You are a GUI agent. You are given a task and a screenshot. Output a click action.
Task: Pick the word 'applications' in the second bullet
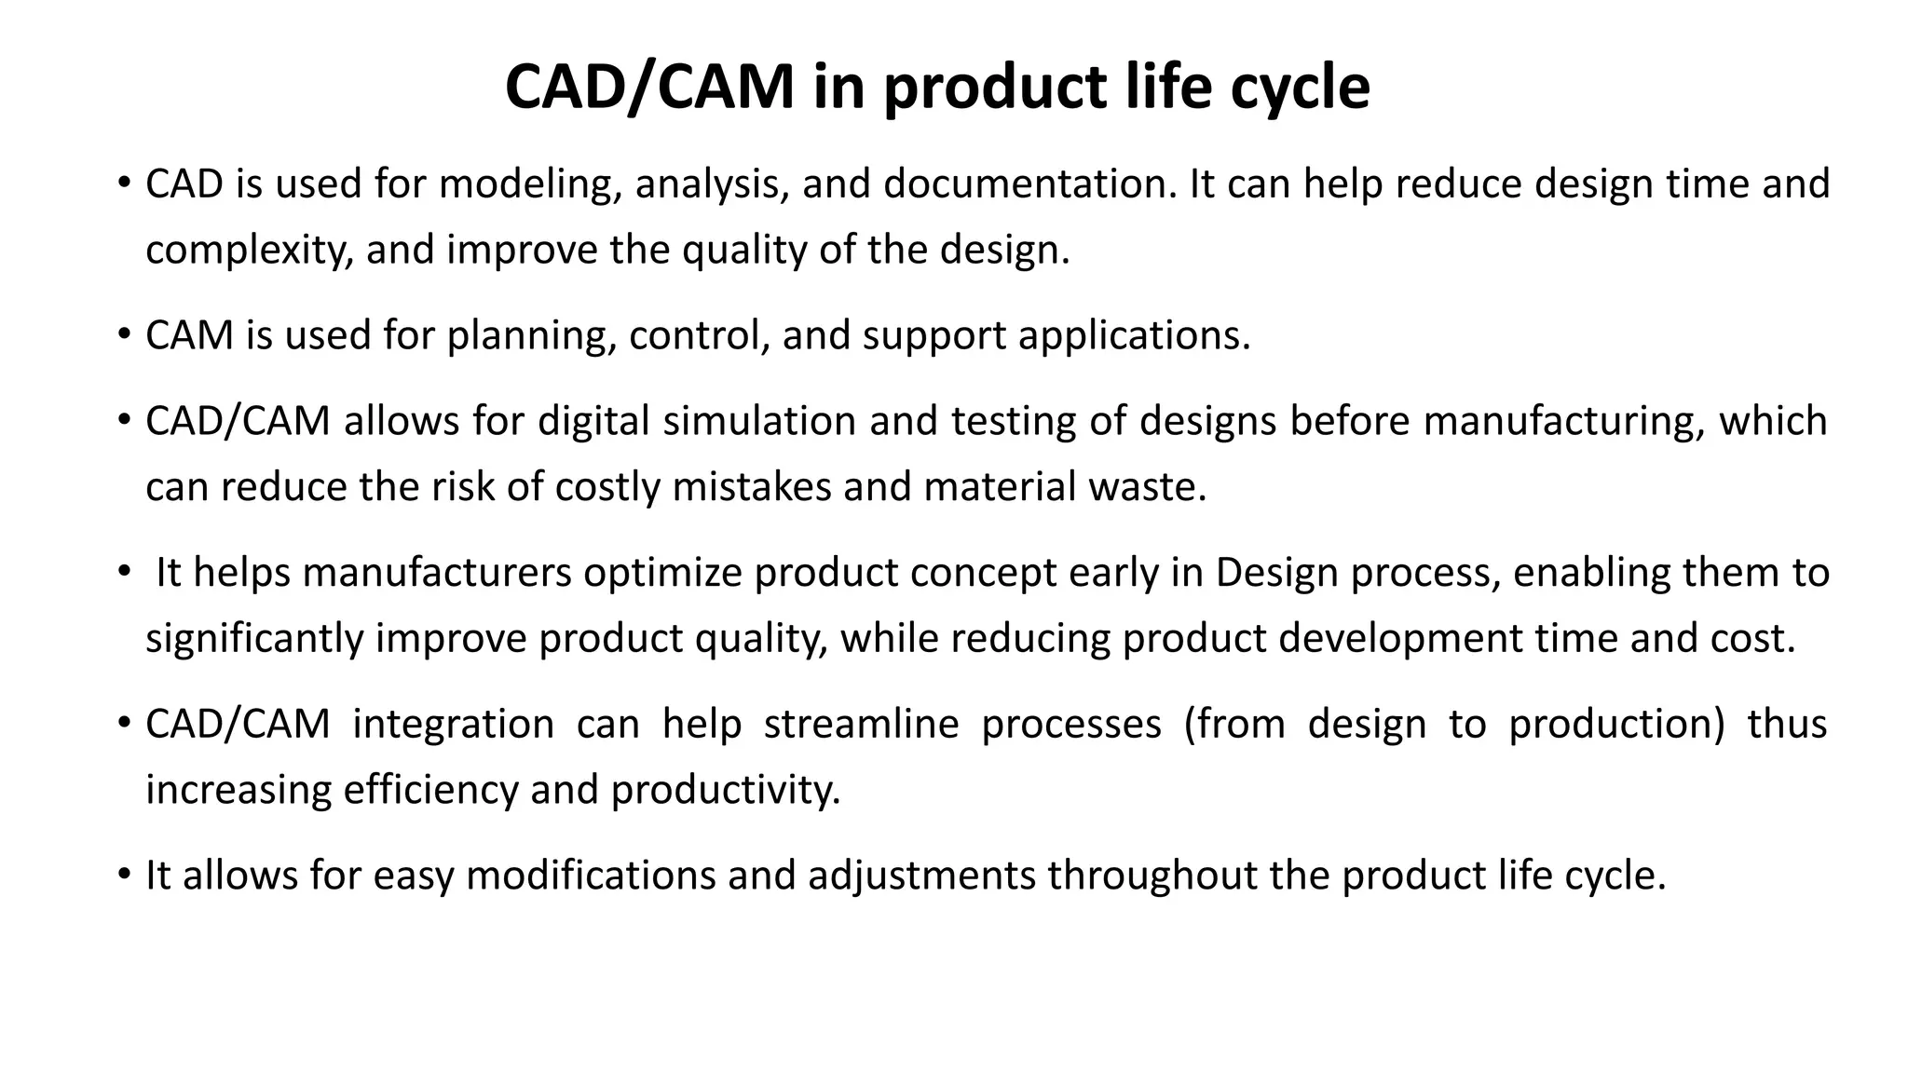(1134, 335)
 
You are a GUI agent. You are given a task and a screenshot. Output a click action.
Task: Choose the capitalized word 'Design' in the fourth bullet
(1277, 572)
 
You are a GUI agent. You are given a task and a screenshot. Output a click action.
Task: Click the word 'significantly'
(254, 638)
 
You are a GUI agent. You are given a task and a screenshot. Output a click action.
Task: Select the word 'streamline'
(861, 724)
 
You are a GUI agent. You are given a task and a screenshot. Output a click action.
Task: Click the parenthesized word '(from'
(1234, 724)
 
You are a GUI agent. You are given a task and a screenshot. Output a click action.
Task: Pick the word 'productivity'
(726, 790)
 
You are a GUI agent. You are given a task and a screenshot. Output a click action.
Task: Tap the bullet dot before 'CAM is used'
(124, 335)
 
